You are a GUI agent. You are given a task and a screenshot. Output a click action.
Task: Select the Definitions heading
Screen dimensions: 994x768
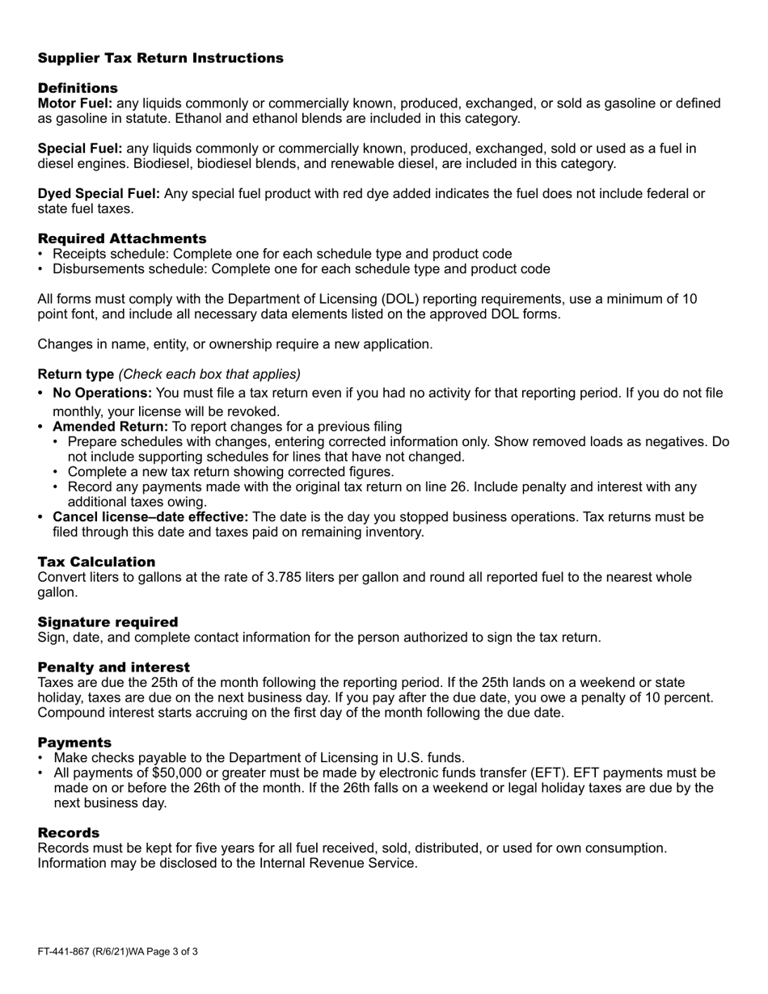(78, 87)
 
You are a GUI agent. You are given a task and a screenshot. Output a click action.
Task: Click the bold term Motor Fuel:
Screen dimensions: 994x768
(75, 103)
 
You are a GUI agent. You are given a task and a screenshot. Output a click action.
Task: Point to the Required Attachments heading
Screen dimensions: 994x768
(121, 238)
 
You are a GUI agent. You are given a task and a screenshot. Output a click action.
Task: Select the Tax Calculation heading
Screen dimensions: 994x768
(96, 562)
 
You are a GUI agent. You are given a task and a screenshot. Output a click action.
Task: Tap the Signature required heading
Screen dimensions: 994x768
(108, 621)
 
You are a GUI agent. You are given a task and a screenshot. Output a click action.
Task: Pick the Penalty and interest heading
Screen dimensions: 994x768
(113, 667)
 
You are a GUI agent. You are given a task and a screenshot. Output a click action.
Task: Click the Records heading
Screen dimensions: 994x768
(69, 832)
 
